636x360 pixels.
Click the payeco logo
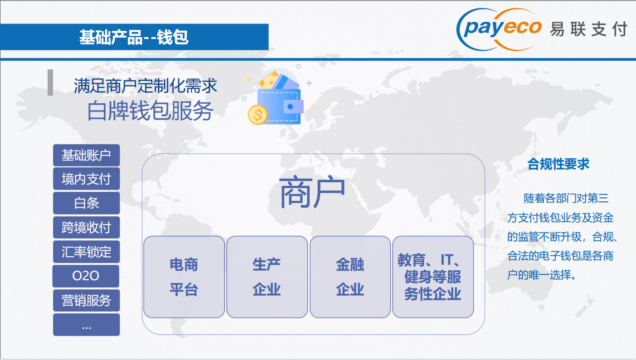coord(499,29)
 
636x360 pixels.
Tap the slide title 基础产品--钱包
coord(134,37)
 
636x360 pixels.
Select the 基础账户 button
coord(86,156)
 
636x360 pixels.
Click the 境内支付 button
coord(86,179)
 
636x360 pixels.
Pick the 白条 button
coord(86,203)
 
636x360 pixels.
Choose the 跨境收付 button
coord(86,228)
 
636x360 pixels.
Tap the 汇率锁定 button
coord(86,252)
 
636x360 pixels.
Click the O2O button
coord(86,276)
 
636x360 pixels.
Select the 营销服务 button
coord(86,301)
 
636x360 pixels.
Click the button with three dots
coord(86,325)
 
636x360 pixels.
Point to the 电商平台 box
coord(184,277)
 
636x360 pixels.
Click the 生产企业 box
coord(267,277)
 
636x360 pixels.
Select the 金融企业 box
coord(350,277)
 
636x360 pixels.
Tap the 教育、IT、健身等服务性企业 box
coord(433,277)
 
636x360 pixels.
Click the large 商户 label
coord(312,191)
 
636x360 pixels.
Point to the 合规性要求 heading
coord(558,164)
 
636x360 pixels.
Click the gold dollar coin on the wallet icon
coord(257,115)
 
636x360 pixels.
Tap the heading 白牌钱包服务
coord(150,111)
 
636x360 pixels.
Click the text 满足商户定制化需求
coord(146,86)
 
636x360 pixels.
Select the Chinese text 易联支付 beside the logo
coord(588,29)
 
